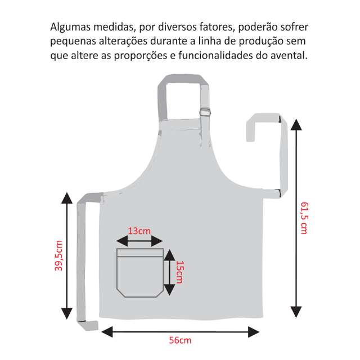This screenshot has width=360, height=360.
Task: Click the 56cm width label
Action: pos(180,340)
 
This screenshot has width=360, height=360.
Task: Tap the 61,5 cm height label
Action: pos(304,218)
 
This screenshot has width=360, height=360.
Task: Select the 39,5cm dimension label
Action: pos(58,255)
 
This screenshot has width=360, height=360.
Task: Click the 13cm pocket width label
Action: pos(139,231)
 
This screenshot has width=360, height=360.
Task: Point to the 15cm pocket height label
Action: pos(180,272)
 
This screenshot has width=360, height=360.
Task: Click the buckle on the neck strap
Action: pos(205,112)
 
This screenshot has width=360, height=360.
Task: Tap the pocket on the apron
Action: pos(140,273)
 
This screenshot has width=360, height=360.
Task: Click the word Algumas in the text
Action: pos(70,27)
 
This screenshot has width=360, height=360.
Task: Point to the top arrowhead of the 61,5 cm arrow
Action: pos(296,125)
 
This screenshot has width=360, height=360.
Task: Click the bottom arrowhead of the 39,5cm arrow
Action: pos(67,313)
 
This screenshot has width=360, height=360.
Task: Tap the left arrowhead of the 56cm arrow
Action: pos(107,332)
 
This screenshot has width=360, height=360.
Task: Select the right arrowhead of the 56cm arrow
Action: pos(254,332)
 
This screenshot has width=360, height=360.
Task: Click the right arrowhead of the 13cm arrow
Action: pos(157,241)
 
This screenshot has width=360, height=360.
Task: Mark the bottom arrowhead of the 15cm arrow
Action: pos(170,290)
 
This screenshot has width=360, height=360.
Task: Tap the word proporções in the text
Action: pos(141,56)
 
